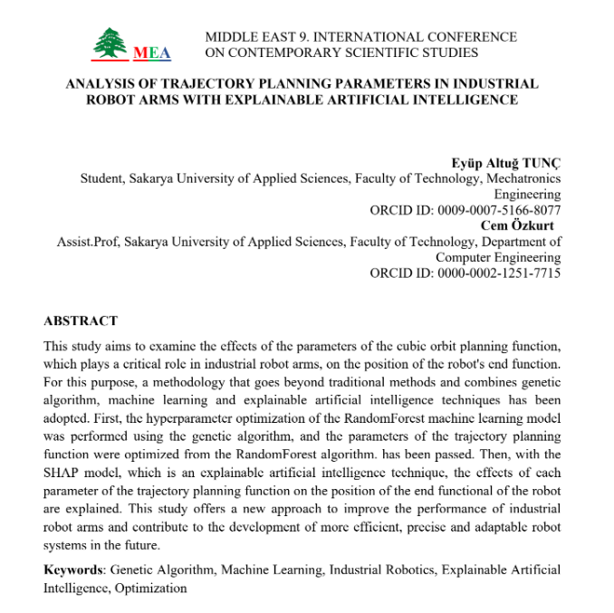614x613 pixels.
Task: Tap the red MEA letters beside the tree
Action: click(x=152, y=53)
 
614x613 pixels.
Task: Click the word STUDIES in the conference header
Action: click(x=479, y=53)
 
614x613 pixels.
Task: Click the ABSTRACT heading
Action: click(x=81, y=321)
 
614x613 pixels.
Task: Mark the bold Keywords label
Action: click(x=73, y=570)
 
